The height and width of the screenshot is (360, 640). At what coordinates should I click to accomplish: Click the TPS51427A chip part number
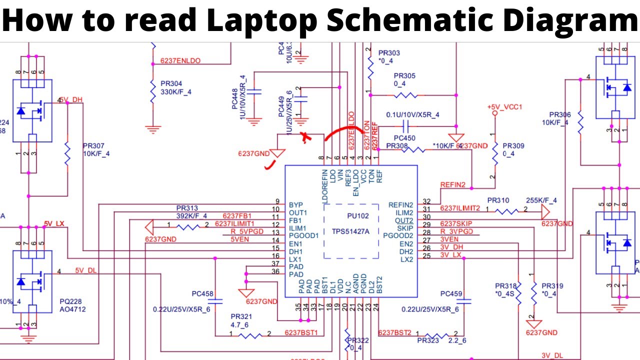[350, 231]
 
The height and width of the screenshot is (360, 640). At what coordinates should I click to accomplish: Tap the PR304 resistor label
[171, 84]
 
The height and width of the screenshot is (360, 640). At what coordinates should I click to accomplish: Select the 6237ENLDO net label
[180, 61]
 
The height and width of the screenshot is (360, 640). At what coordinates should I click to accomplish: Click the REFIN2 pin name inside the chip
[400, 205]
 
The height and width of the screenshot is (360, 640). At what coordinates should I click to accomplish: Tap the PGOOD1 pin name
[303, 235]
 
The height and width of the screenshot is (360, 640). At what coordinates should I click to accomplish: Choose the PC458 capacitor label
[202, 293]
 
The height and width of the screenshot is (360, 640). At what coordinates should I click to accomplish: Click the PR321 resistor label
[241, 317]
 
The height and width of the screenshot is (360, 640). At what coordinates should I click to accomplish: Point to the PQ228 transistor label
[70, 301]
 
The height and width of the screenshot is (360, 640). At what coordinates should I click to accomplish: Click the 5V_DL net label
[85, 270]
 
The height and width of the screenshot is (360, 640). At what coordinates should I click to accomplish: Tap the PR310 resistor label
[498, 200]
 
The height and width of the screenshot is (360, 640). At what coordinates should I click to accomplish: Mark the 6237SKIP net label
[456, 223]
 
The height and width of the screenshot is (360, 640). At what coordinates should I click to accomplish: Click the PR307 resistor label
[93, 146]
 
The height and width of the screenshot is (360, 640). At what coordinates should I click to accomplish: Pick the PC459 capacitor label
[451, 293]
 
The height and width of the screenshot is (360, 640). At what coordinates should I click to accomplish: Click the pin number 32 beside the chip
[426, 201]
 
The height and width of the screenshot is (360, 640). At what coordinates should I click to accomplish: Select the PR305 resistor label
[404, 76]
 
